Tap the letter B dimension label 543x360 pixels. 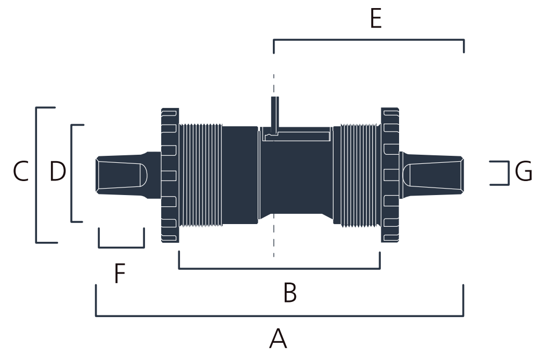click(290, 292)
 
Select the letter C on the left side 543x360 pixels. click(21, 171)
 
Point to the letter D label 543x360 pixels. click(57, 171)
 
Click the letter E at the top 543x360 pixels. click(376, 18)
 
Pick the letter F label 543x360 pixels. click(119, 273)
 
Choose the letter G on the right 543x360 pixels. click(524, 171)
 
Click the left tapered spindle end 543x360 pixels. click(128, 175)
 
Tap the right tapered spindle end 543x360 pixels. click(431, 175)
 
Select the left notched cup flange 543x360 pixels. click(170, 175)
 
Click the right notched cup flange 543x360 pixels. click(390, 175)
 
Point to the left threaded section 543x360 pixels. click(200, 175)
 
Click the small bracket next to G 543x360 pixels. click(509, 173)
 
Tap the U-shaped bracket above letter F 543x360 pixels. click(121, 247)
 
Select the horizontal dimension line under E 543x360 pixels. click(369, 40)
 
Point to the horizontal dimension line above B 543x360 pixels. click(279, 268)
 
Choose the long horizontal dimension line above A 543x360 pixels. click(279, 315)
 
